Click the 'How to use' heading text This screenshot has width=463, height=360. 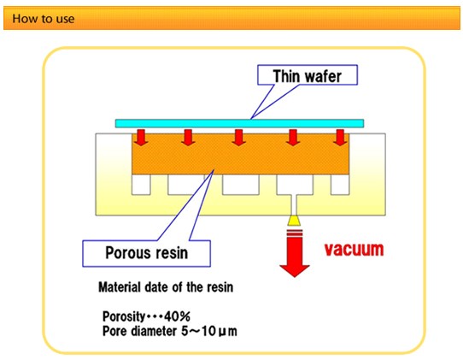43,19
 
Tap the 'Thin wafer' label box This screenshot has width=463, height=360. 308,75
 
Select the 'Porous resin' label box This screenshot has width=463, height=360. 146,253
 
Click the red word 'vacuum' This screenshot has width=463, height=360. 354,250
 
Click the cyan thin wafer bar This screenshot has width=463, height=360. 239,123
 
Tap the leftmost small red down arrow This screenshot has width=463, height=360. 141,138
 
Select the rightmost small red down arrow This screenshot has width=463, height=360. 340,138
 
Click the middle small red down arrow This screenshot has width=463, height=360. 238,138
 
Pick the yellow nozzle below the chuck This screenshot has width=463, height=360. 294,221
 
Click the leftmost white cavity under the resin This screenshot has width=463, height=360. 141,185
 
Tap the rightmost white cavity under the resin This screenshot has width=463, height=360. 340,185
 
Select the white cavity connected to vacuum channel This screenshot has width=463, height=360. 295,185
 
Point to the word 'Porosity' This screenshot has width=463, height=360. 124,317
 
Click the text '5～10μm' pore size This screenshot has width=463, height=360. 209,331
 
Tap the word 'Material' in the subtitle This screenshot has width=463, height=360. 120,287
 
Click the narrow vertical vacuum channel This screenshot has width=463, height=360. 295,205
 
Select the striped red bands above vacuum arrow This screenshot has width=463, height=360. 295,233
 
